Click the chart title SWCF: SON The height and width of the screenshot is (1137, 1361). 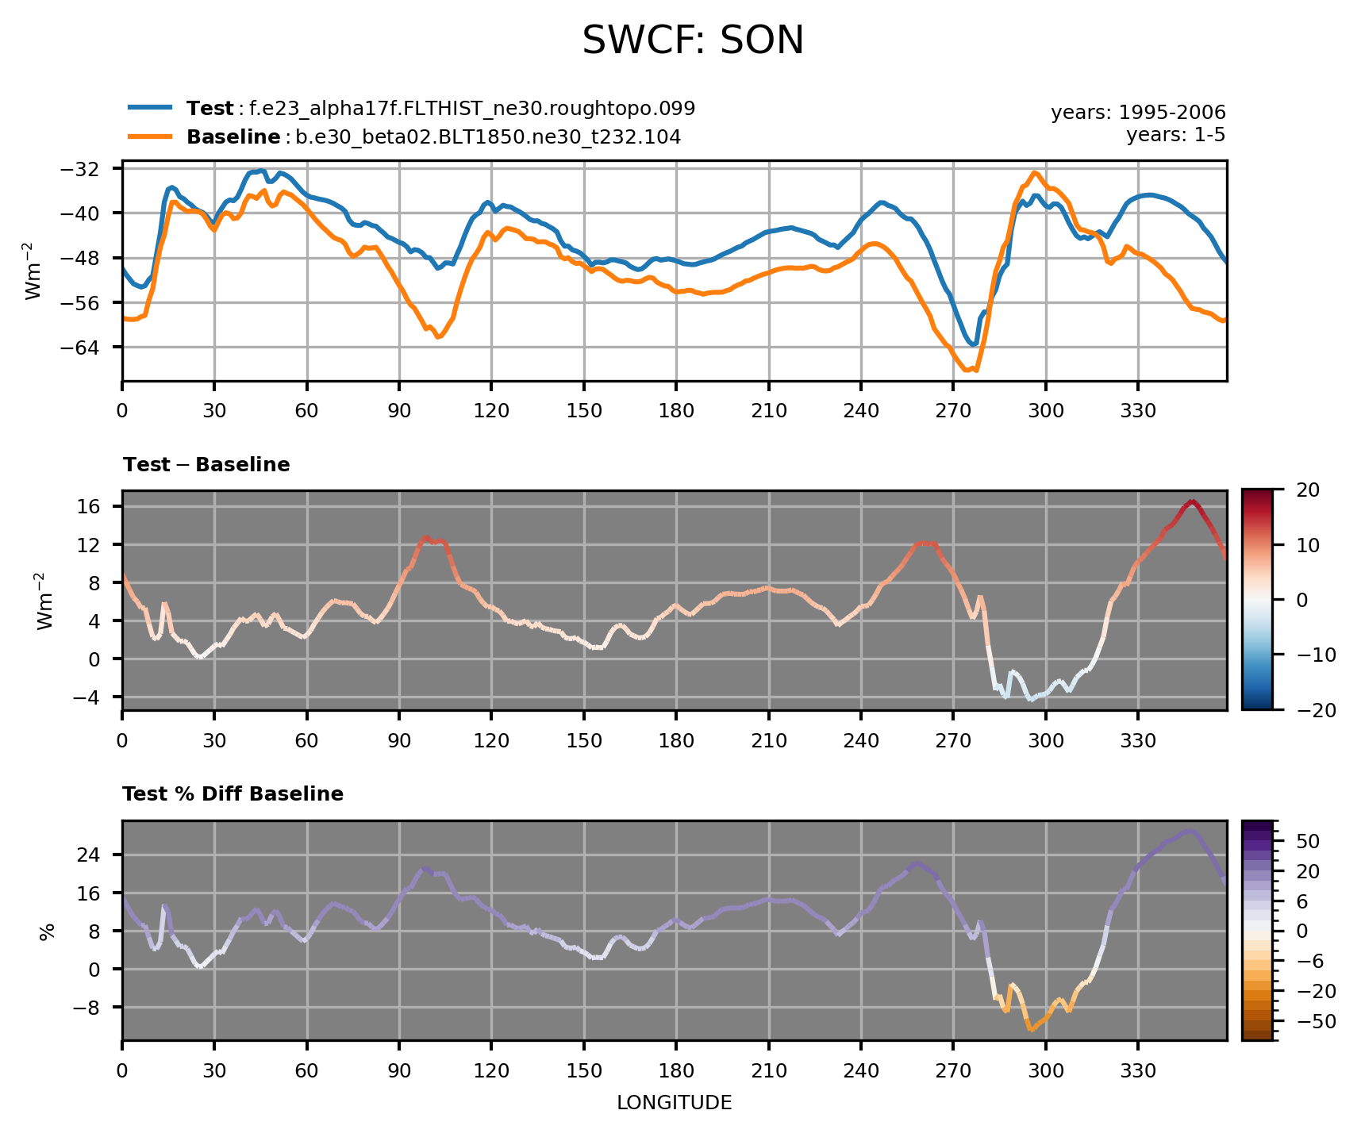pos(693,40)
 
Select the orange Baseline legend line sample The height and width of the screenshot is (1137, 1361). pos(150,136)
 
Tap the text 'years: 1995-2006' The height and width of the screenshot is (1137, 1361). pos(1138,113)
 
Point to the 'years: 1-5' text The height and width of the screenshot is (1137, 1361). pos(1175,135)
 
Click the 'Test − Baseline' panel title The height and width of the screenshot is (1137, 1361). pos(206,465)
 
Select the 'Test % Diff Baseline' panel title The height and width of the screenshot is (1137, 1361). pos(233,794)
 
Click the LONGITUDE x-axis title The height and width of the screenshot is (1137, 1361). pos(674,1103)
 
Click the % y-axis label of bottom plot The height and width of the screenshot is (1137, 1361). pos(46,931)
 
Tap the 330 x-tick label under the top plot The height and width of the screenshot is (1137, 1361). pos(1137,411)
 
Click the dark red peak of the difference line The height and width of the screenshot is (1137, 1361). pos(1192,501)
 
